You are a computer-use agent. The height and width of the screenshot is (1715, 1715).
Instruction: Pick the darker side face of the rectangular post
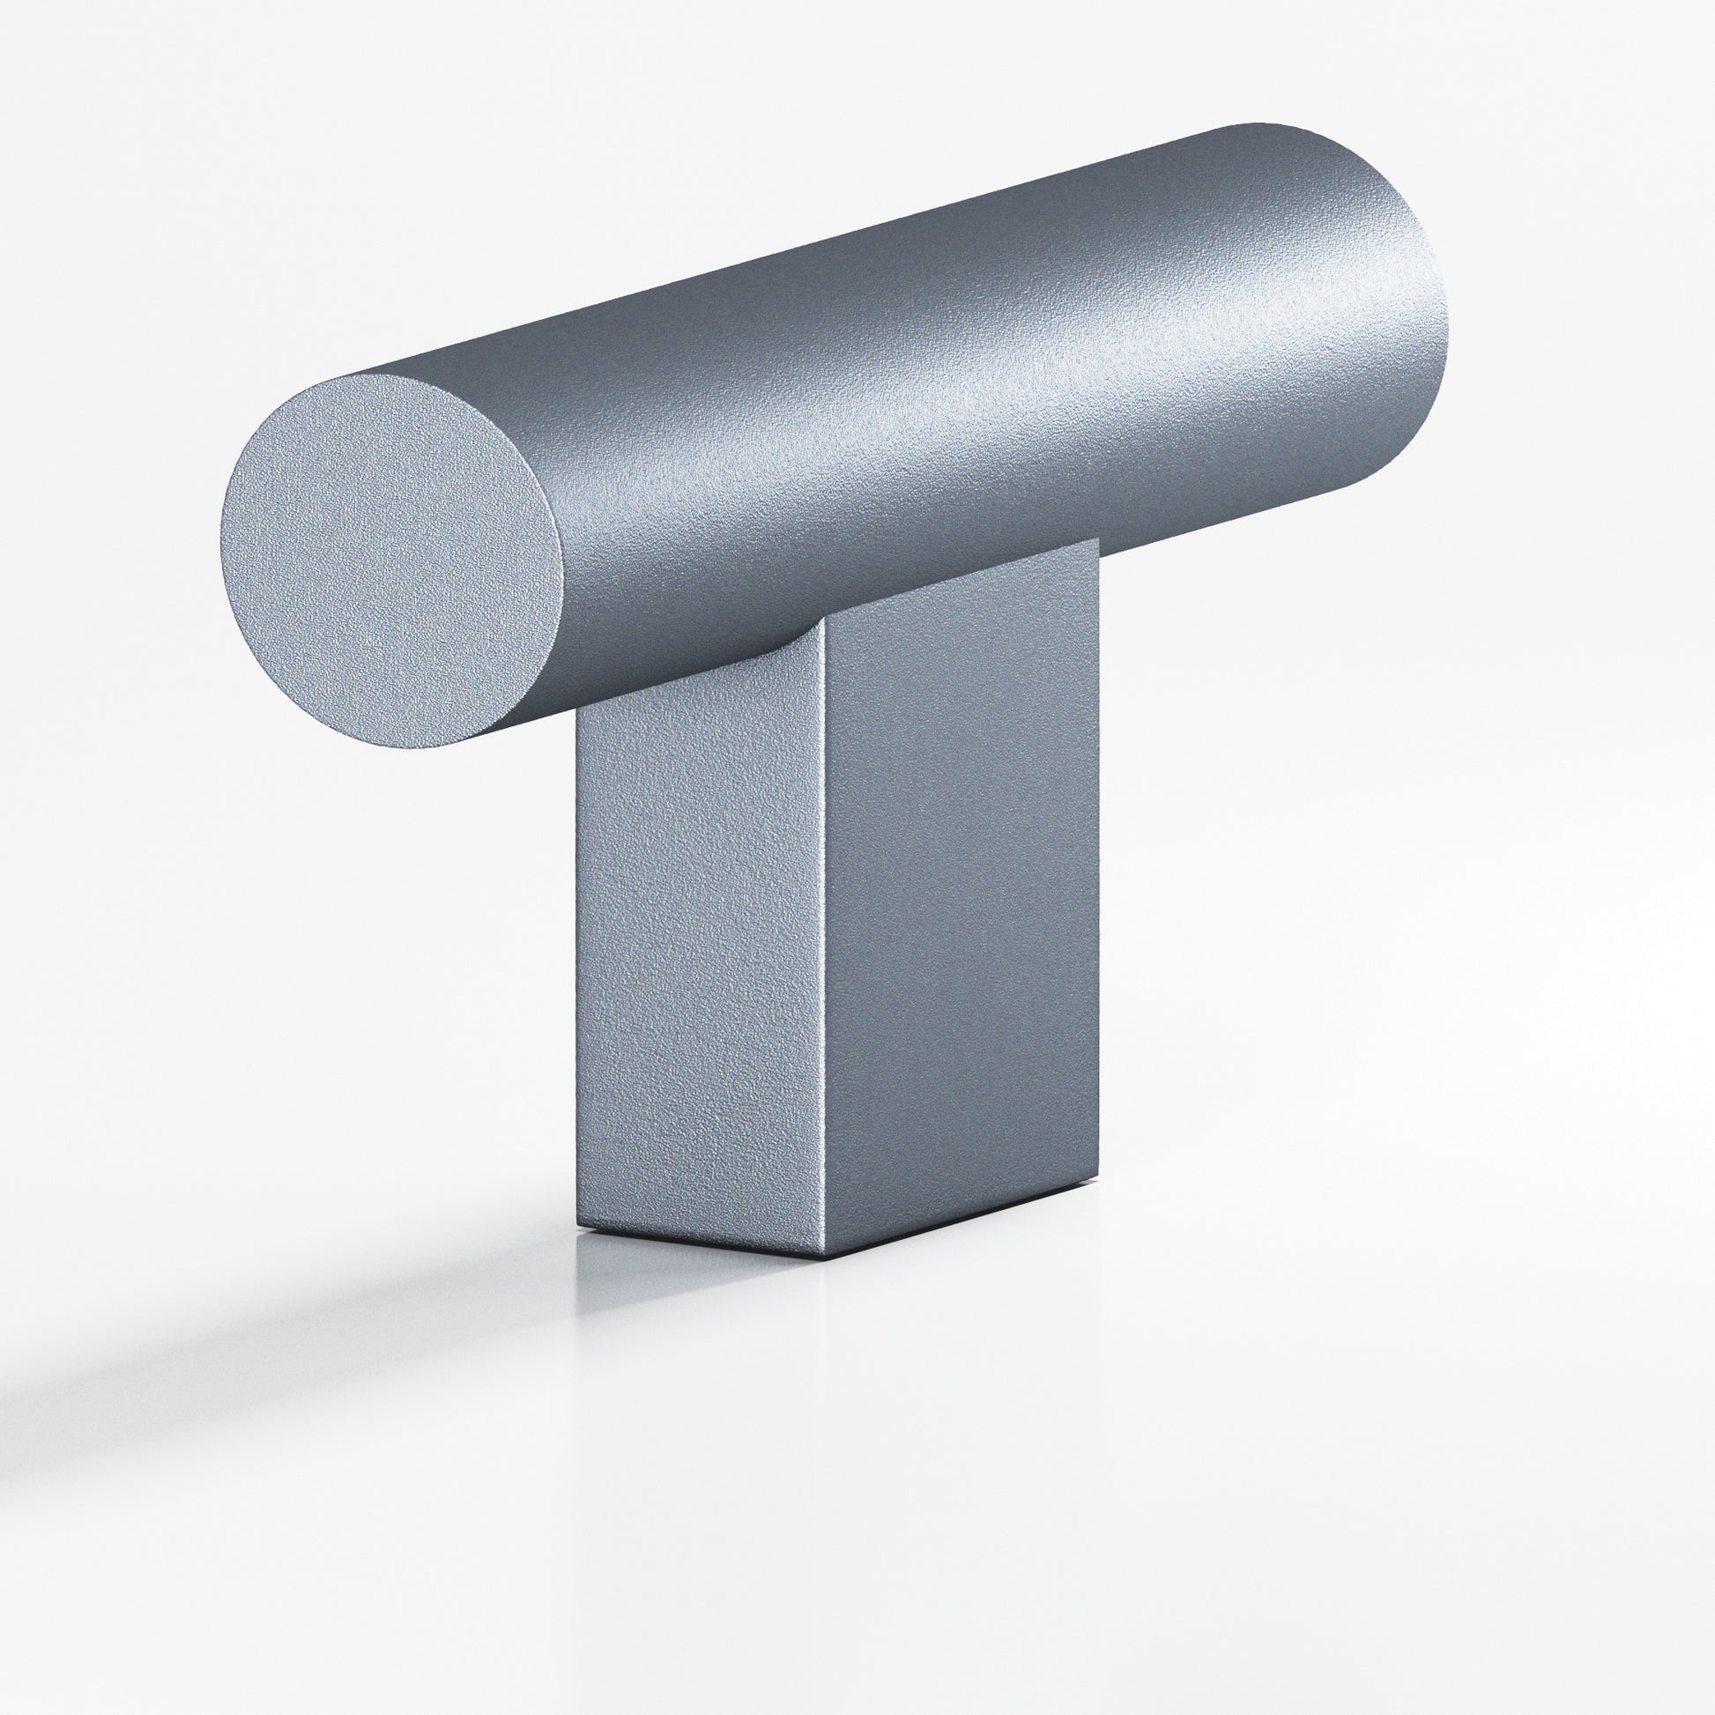click(959, 914)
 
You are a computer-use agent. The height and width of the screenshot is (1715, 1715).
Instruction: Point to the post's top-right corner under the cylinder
click(1099, 538)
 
